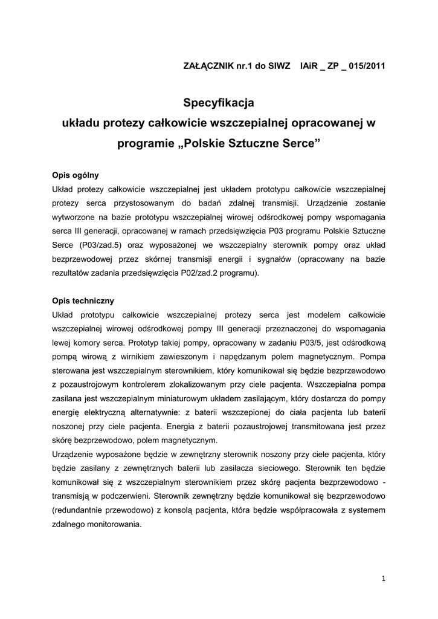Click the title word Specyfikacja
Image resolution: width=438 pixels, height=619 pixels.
tap(219, 103)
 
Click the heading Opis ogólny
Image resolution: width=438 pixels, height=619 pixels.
tap(76, 175)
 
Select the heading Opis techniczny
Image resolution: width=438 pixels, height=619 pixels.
tap(83, 300)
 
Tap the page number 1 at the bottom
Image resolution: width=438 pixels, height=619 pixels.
tap(384, 578)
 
